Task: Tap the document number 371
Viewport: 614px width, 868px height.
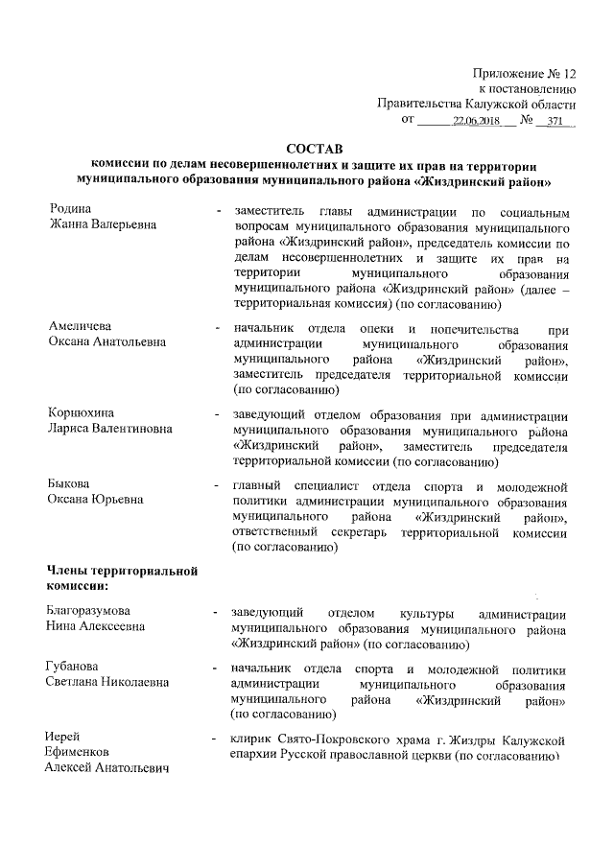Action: pos(555,122)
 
